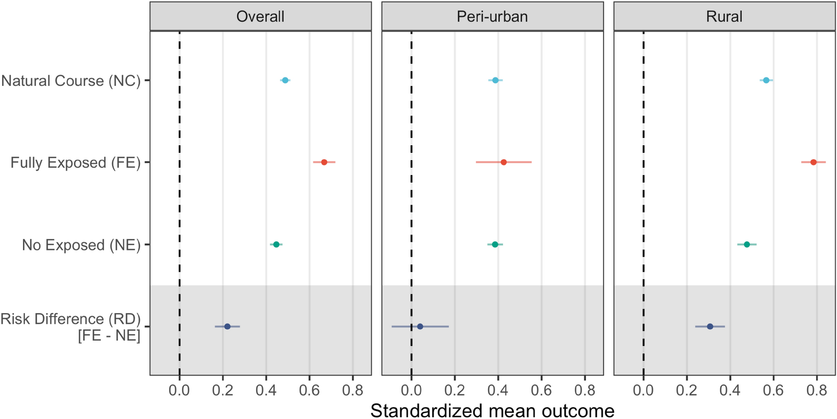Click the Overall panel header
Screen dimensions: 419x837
click(260, 17)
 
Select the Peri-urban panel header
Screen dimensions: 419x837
click(492, 17)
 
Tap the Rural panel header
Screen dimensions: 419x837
click(724, 17)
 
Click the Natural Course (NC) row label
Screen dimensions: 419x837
click(71, 81)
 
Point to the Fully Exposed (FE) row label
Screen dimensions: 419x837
click(75, 162)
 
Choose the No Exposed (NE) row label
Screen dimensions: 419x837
click(81, 245)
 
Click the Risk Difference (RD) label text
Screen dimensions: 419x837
click(70, 319)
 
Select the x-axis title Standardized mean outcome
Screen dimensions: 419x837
click(492, 411)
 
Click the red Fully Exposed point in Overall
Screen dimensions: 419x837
click(324, 162)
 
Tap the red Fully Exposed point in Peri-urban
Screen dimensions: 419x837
click(503, 162)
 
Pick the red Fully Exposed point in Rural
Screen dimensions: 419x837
click(813, 162)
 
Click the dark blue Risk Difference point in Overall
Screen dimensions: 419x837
click(227, 326)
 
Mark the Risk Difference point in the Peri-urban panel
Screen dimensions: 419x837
click(420, 326)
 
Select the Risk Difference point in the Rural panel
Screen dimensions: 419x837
click(710, 326)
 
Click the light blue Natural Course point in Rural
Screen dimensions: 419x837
click(766, 80)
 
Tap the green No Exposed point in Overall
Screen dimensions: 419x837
click(276, 244)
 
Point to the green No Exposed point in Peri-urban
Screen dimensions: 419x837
click(495, 244)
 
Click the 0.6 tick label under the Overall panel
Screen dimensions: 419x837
click(309, 391)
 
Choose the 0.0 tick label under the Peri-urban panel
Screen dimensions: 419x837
click(411, 391)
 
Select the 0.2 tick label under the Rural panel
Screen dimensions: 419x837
click(686, 391)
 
